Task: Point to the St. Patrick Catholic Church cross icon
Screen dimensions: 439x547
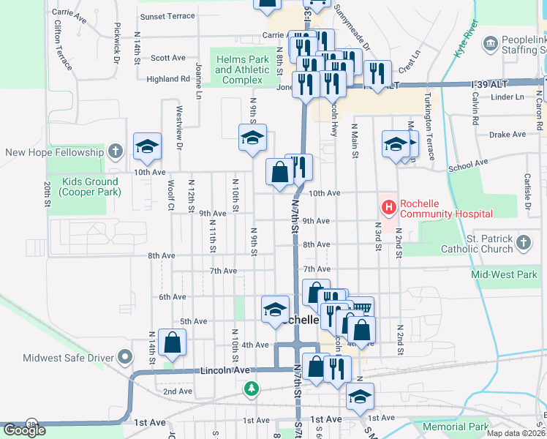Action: (523, 243)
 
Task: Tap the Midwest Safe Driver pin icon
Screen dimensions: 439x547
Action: (125, 357)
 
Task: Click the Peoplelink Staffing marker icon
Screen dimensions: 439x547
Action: (490, 44)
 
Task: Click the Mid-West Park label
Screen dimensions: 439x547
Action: (505, 275)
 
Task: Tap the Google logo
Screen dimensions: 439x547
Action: (23, 430)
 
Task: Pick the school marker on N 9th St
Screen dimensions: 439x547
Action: (252, 138)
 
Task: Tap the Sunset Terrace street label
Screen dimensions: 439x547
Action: (167, 16)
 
